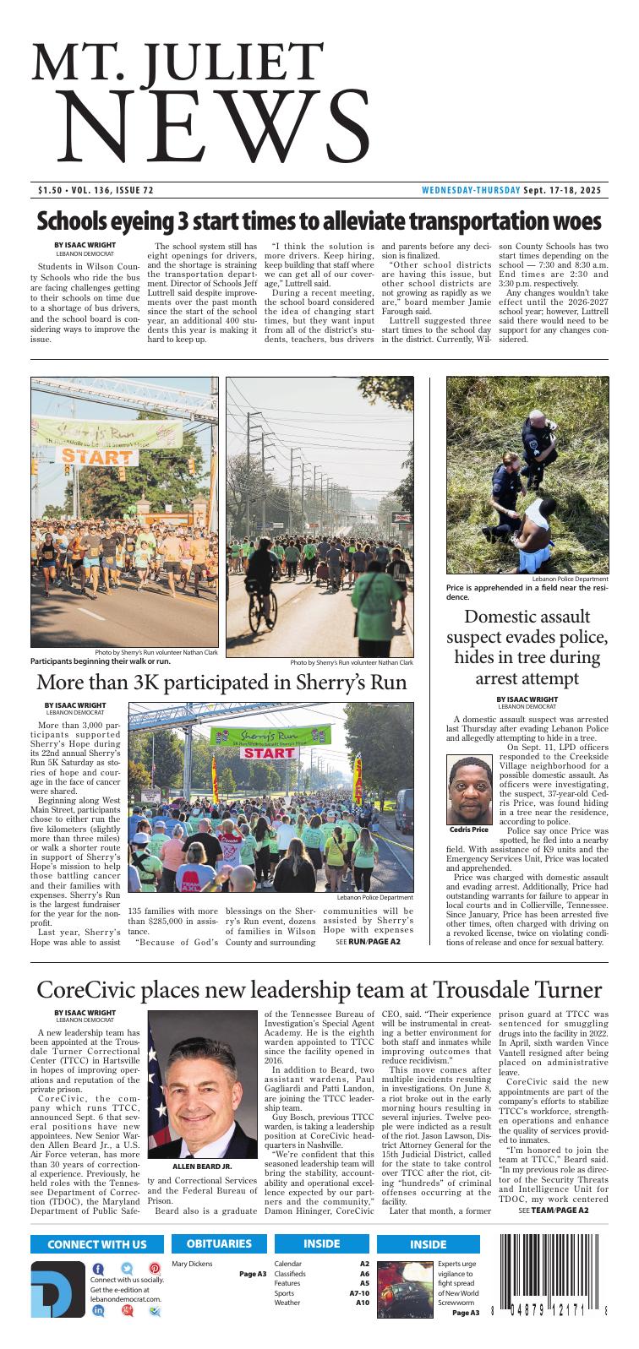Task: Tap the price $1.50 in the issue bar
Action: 52,190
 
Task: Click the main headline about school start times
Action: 319,221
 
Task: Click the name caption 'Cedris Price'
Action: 469,830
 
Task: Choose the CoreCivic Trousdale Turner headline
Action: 319,991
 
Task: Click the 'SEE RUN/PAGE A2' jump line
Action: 368,941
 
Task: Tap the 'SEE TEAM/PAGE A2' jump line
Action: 553,1210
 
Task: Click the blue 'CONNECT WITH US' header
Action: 96,1243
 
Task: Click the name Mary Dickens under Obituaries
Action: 191,1264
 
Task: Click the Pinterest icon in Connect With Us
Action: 155,1269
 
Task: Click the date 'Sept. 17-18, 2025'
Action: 561,190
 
